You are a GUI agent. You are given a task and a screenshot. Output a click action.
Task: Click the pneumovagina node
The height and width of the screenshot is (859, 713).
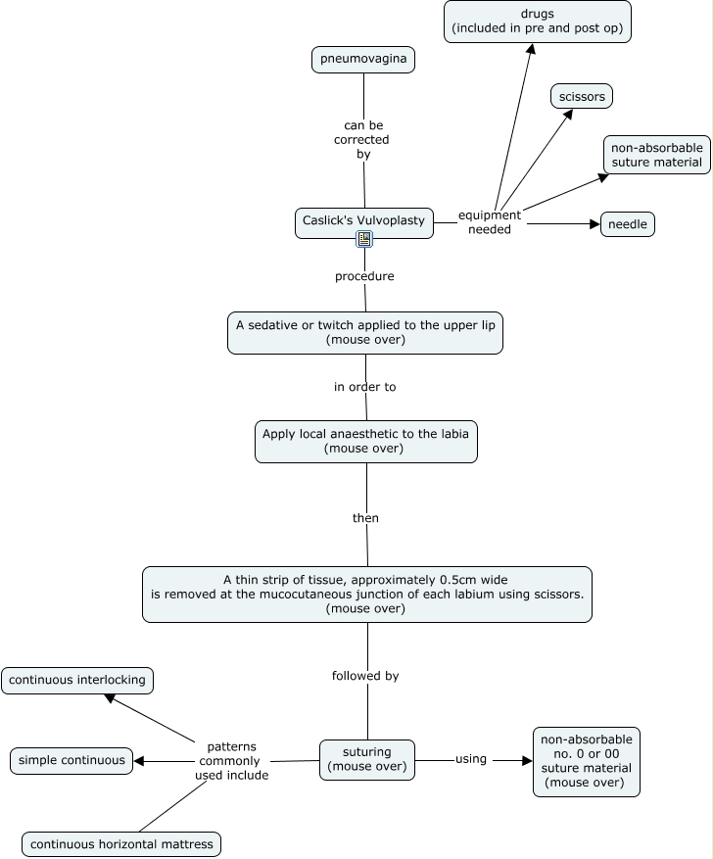click(363, 59)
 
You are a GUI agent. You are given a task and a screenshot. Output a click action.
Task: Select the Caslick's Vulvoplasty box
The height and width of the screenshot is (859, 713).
click(364, 223)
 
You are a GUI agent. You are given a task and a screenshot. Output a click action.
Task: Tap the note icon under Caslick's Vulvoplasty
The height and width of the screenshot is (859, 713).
click(364, 239)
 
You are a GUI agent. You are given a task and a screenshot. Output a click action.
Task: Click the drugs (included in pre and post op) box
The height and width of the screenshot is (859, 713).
click(538, 22)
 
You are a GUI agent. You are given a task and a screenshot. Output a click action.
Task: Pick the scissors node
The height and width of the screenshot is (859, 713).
click(582, 96)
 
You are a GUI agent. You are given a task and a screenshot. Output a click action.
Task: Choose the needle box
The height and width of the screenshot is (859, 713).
click(628, 224)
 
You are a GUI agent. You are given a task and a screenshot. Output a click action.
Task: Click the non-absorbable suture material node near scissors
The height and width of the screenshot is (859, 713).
click(657, 155)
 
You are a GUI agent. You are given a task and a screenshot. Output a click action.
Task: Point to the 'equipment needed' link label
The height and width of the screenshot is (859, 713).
click(490, 222)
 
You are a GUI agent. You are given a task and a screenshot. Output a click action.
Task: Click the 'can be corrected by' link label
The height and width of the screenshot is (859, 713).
click(362, 140)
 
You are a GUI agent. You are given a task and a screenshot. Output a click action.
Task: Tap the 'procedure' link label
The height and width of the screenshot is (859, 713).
click(364, 276)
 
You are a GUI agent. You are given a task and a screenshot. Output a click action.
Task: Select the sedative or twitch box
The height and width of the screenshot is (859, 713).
click(365, 333)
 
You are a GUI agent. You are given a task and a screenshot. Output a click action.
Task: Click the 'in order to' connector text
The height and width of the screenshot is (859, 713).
click(364, 387)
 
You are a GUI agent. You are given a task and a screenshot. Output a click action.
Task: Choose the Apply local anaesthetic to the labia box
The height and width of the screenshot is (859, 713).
click(366, 442)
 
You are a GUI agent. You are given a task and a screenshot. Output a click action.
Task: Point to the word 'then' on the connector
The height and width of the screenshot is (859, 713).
click(366, 518)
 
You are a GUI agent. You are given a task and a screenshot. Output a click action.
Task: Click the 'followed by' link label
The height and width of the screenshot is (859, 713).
click(365, 676)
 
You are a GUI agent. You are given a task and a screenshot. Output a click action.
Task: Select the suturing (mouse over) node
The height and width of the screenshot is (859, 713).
click(367, 760)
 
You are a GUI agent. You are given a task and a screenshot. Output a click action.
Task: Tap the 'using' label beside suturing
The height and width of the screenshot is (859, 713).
click(471, 759)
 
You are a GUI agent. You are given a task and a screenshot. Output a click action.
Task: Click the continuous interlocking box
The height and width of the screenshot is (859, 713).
click(77, 681)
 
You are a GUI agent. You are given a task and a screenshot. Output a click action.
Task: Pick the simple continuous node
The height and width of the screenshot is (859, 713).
click(71, 761)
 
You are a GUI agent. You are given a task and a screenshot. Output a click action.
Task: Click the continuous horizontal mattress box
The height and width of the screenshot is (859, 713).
click(121, 844)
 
